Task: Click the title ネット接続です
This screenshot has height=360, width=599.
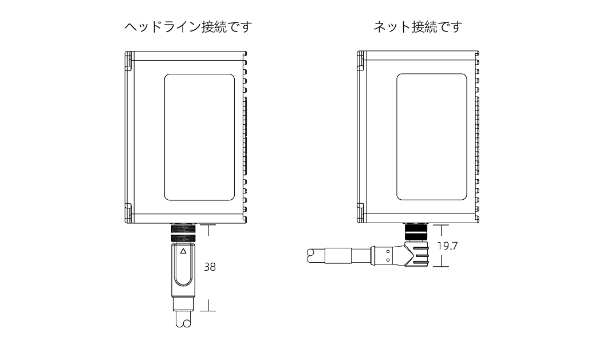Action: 417,27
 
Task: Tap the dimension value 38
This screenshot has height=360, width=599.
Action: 210,267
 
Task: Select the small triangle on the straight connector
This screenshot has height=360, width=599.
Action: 183,251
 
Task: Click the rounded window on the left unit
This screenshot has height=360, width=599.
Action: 199,137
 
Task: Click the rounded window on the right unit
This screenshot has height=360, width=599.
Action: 431,137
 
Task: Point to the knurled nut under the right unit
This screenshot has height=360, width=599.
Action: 415,232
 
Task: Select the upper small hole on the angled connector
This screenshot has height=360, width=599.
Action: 388,250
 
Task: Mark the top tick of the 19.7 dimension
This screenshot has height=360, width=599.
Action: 442,226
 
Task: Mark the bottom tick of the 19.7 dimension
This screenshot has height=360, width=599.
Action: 442,266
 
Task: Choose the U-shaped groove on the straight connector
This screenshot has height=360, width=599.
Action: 183,271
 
